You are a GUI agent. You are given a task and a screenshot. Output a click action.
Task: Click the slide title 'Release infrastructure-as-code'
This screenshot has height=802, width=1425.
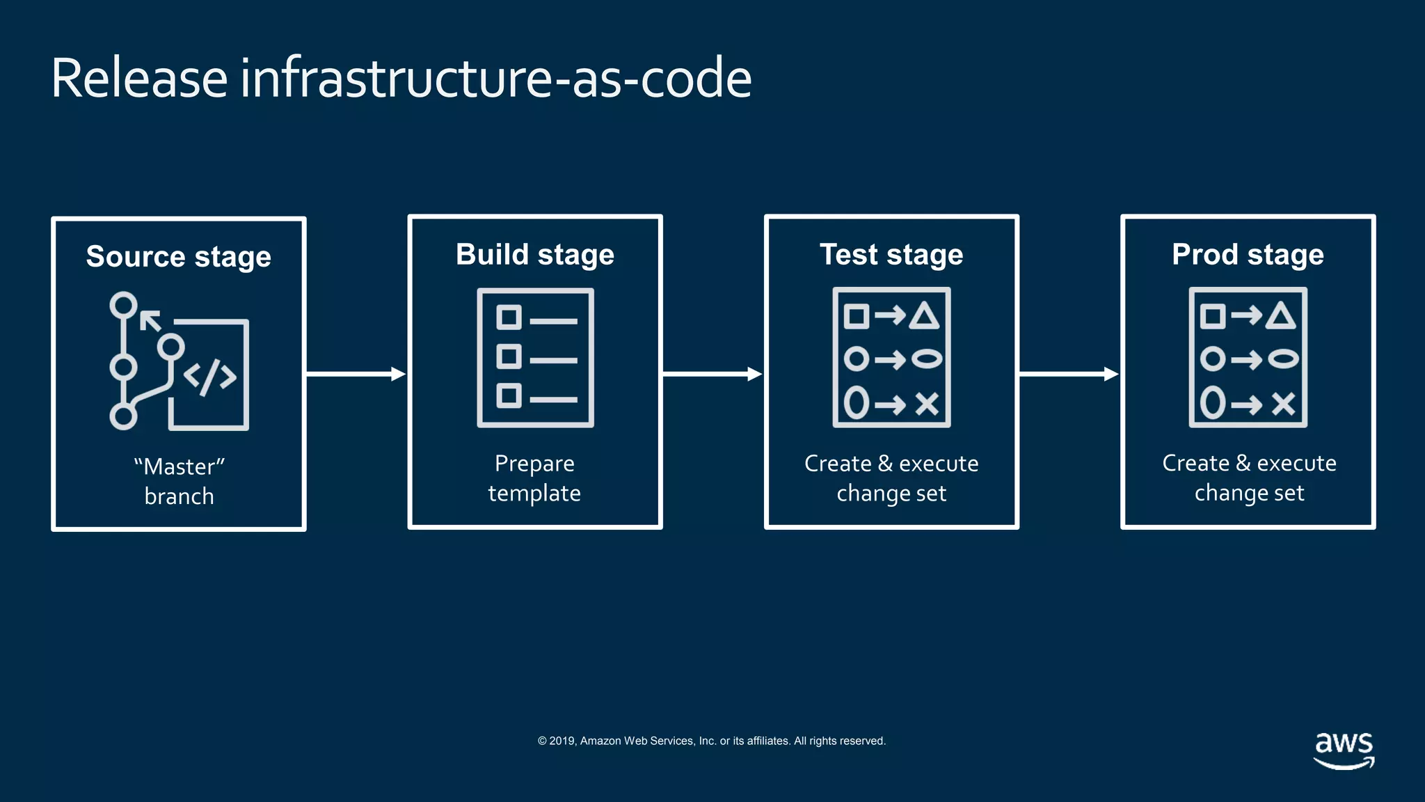(401, 78)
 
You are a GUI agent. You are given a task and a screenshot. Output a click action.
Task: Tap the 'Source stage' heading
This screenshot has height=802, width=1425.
(178, 257)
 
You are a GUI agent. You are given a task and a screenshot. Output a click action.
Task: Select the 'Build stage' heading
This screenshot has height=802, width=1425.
(534, 255)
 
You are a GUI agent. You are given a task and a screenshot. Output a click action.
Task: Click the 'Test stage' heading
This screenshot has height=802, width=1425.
(891, 255)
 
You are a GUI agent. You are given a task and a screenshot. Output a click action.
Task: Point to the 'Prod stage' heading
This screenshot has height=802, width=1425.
(1248, 255)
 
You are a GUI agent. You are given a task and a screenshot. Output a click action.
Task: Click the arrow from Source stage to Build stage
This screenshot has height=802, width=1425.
(356, 375)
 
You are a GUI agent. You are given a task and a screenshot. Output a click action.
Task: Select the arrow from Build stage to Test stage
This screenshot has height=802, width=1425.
(712, 375)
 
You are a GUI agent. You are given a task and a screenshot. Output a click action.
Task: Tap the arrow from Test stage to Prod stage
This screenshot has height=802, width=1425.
(1068, 375)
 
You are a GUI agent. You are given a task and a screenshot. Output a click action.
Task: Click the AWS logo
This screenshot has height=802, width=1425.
(1344, 750)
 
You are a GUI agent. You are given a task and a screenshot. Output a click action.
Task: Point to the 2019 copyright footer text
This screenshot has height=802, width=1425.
(711, 741)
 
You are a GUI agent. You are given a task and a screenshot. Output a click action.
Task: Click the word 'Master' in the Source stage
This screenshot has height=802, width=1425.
(179, 466)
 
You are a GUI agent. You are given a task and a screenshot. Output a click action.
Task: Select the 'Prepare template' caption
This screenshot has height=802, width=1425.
(534, 478)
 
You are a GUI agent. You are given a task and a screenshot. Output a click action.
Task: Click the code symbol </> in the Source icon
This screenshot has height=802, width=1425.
(209, 377)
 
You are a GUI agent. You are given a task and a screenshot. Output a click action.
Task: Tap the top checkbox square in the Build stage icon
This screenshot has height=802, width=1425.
(509, 317)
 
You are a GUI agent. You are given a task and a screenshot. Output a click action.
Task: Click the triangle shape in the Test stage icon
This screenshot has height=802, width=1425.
(924, 316)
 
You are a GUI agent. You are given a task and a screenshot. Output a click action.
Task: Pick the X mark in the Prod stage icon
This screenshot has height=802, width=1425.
(1283, 403)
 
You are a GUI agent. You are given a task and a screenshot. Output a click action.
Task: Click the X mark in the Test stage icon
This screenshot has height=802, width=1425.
(927, 403)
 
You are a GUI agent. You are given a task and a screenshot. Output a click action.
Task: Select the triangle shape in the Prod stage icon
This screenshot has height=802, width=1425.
(1280, 316)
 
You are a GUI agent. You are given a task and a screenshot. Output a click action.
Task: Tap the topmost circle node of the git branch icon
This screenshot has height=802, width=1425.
(124, 305)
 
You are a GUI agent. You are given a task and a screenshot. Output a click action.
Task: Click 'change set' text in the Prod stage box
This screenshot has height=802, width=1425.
(1249, 493)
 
